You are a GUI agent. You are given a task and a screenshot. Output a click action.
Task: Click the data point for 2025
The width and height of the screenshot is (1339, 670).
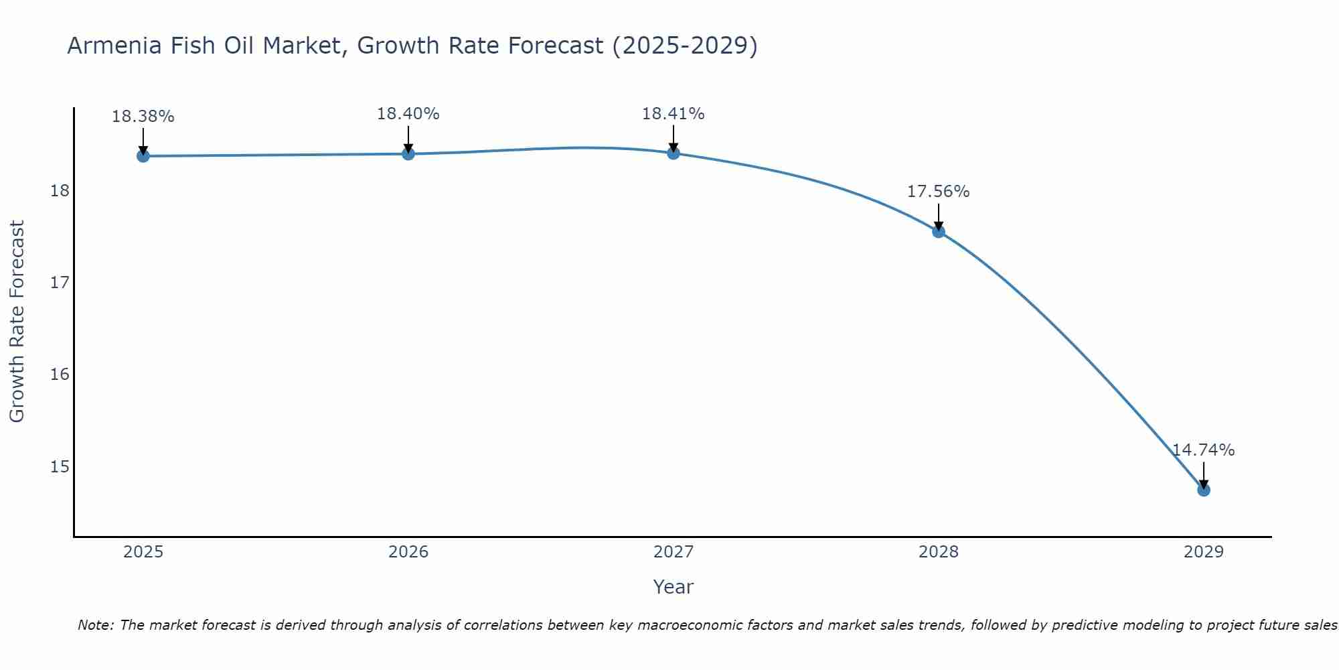(143, 156)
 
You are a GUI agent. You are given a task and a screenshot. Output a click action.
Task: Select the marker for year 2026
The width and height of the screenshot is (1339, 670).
(408, 154)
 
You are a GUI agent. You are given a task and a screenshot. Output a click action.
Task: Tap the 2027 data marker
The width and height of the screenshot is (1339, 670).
(674, 153)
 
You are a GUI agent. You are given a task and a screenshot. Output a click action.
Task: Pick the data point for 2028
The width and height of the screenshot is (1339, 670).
(939, 232)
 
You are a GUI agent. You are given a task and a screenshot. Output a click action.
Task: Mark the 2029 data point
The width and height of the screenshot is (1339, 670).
(1204, 490)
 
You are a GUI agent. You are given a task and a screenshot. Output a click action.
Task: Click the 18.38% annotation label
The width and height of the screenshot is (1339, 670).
(143, 117)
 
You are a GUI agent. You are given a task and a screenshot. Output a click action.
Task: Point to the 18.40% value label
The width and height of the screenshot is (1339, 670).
(408, 114)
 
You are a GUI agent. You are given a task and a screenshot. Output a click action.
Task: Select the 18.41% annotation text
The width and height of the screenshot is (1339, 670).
(674, 114)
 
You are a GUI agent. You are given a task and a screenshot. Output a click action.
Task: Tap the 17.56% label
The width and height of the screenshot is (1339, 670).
(939, 192)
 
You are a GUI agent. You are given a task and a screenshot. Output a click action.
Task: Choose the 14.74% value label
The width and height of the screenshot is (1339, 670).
(1204, 450)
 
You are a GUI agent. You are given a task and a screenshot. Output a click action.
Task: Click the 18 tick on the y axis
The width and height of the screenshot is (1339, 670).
(60, 191)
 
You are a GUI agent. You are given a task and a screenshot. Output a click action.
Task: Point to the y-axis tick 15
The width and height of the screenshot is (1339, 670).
(60, 466)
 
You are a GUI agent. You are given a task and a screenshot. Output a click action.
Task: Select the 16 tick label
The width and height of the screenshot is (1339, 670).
(60, 375)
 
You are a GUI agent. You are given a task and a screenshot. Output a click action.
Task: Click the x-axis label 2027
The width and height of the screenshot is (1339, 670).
(674, 552)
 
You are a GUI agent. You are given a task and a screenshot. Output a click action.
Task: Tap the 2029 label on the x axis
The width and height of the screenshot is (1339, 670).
(1204, 552)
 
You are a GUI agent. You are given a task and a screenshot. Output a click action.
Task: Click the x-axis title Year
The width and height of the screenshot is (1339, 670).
(674, 587)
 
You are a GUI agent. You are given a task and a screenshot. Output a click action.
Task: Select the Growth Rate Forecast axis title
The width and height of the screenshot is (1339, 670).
(17, 322)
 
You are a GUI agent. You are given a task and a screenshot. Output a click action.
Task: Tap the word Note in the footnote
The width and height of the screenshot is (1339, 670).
(96, 625)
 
